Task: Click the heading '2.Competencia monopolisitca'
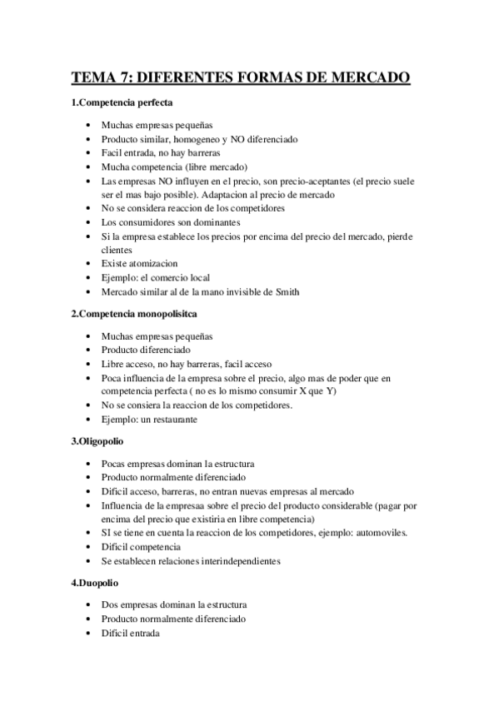[133, 314]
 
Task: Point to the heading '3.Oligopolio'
[97, 441]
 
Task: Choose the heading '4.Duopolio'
[94, 583]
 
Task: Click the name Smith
[285, 291]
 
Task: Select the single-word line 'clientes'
[117, 249]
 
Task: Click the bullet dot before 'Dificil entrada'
[89, 634]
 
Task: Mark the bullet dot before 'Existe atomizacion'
[89, 263]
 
